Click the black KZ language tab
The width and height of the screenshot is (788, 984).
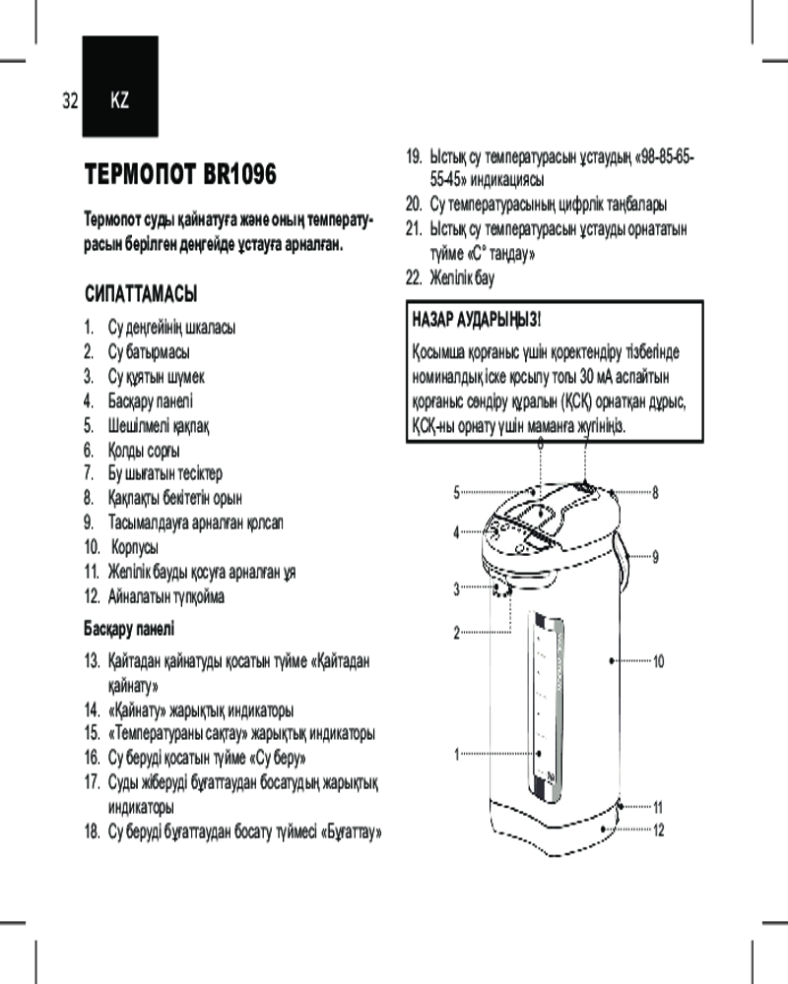tap(120, 98)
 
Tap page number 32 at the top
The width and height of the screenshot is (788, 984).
tap(69, 100)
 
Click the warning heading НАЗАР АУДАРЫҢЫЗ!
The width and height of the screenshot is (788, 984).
tap(476, 322)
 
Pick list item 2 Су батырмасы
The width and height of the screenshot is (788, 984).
tap(149, 351)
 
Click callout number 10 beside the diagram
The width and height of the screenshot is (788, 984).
tap(659, 661)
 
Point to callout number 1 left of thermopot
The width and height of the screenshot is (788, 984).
tap(457, 756)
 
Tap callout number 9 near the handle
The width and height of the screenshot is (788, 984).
tap(655, 557)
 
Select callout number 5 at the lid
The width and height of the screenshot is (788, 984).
tap(457, 492)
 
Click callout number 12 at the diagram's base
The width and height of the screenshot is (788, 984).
tap(659, 830)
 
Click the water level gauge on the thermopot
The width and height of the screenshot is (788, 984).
tap(542, 704)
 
